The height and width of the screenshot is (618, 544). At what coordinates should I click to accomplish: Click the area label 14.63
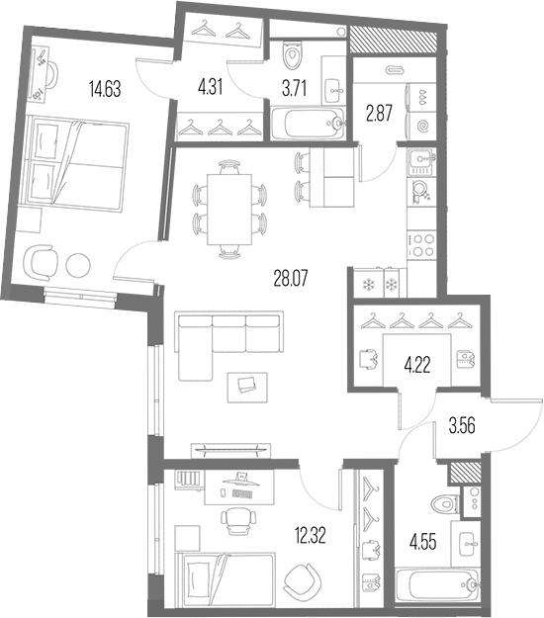pyautogui.click(x=105, y=88)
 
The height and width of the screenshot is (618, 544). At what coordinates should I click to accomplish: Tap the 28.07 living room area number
pyautogui.click(x=290, y=278)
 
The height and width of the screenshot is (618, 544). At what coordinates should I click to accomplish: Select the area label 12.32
pyautogui.click(x=311, y=535)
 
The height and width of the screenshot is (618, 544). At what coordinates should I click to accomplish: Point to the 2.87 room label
pyautogui.click(x=379, y=114)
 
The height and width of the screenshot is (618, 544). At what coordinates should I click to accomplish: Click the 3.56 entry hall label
pyautogui.click(x=462, y=425)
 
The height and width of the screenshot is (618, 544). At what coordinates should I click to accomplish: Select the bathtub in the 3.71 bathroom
pyautogui.click(x=309, y=123)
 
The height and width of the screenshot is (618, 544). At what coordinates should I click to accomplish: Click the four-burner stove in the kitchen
pyautogui.click(x=421, y=245)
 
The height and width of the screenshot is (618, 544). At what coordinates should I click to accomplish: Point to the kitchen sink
pyautogui.click(x=421, y=161)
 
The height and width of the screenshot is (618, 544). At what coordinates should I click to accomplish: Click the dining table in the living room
pyautogui.click(x=229, y=210)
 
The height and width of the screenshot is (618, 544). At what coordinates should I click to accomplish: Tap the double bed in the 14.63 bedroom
pyautogui.click(x=76, y=162)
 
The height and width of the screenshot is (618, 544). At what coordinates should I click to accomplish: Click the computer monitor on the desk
pyautogui.click(x=240, y=480)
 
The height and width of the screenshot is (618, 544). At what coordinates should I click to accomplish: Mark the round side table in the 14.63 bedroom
pyautogui.click(x=78, y=265)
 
